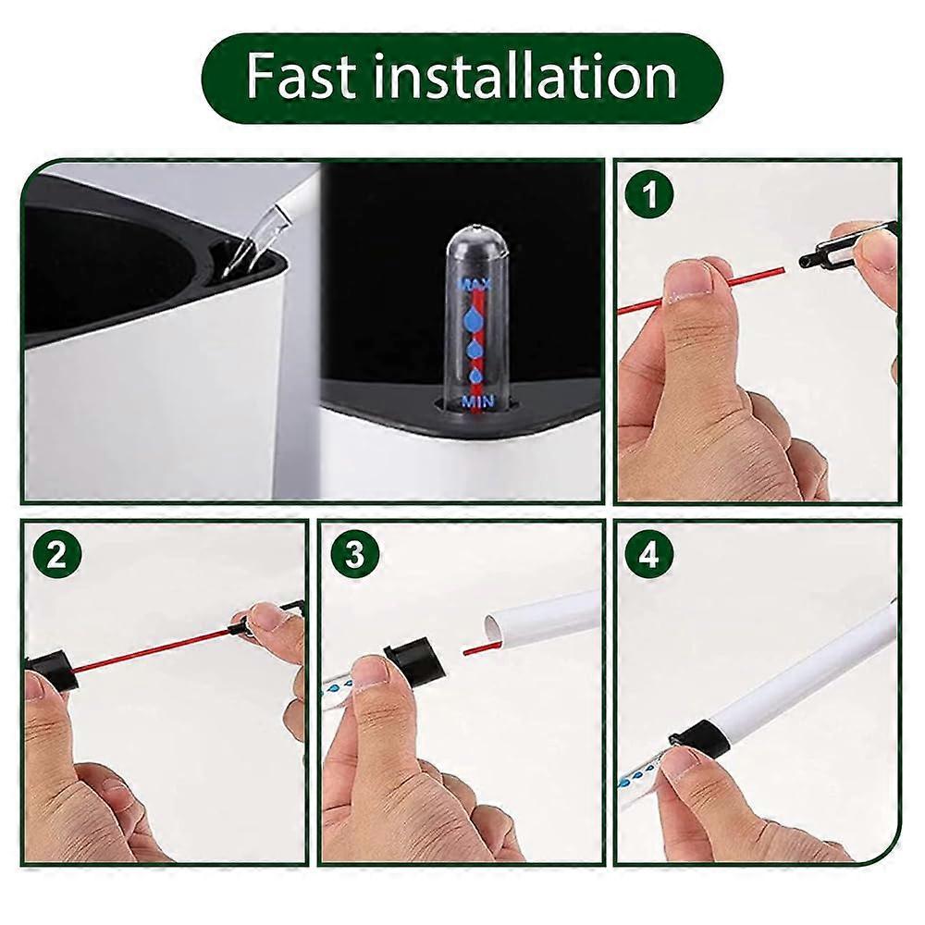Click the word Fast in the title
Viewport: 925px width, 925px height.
(x=301, y=78)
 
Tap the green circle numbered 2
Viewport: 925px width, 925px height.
(x=56, y=555)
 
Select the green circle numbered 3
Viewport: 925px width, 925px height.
(x=355, y=555)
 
